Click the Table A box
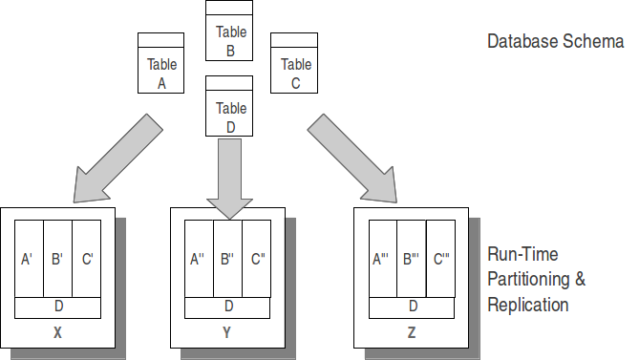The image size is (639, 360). tap(161, 68)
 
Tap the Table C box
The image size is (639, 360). tap(296, 68)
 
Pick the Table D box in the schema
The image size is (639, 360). tap(230, 112)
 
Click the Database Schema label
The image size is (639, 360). tap(555, 42)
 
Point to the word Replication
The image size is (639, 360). tap(527, 306)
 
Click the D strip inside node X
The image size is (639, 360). tap(58, 307)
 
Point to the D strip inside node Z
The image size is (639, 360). tap(413, 307)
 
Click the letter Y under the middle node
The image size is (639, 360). tap(226, 333)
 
